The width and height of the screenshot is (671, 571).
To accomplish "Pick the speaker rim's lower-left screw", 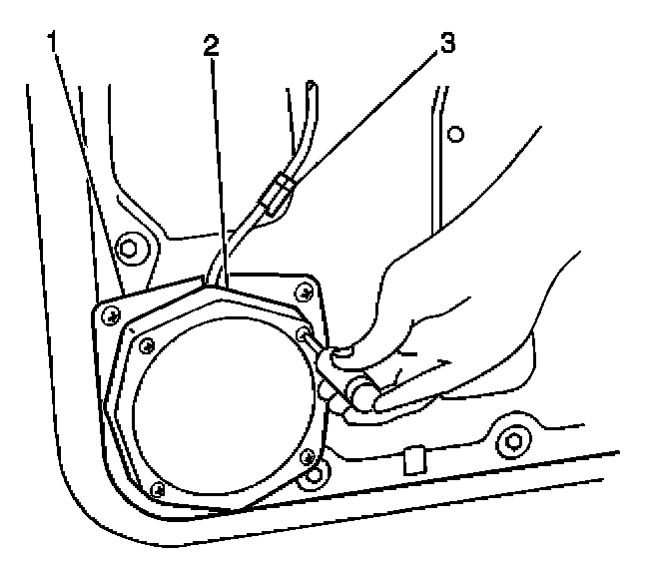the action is [157, 488].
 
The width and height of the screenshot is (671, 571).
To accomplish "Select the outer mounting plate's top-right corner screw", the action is [304, 290].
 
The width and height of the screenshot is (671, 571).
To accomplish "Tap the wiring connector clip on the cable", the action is [276, 192].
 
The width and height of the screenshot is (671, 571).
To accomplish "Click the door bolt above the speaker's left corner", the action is [127, 246].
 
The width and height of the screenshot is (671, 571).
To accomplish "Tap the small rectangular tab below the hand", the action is [410, 461].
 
